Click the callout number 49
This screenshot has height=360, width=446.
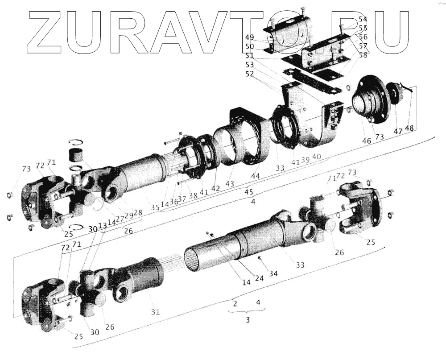(x=249, y=37)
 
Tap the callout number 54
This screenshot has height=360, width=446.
(x=363, y=20)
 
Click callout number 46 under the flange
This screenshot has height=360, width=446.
(x=366, y=141)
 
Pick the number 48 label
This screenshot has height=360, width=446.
(x=409, y=128)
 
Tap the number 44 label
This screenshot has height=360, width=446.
(x=255, y=176)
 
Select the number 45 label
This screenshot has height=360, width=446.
(x=249, y=192)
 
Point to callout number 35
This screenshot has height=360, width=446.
(x=155, y=207)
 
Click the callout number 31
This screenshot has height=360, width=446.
(x=155, y=312)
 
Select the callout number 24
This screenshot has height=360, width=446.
(x=259, y=278)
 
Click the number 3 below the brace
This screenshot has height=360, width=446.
(x=248, y=320)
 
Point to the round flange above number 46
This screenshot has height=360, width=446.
(x=371, y=100)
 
